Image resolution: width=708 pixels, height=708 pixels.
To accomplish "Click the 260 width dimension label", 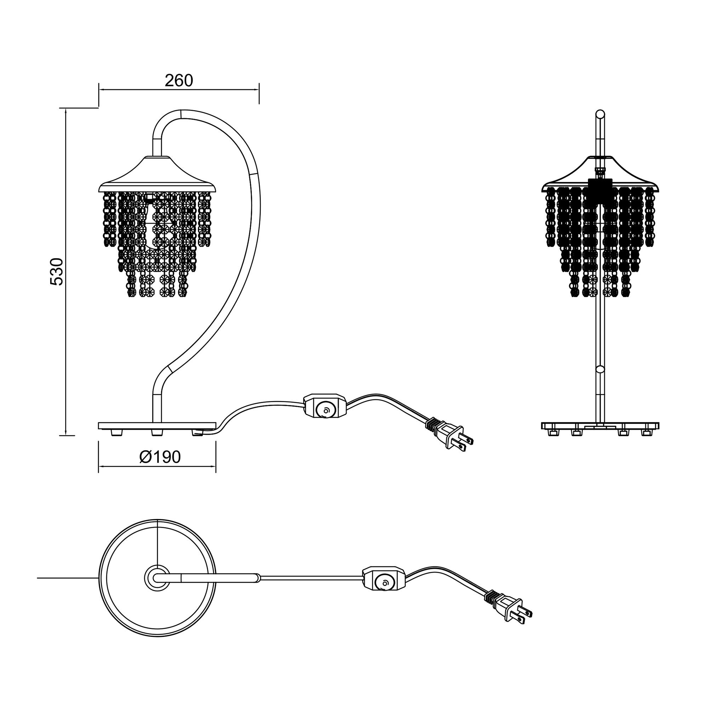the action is pyautogui.click(x=179, y=81).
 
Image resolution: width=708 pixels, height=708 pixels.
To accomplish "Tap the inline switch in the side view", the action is pyautogui.click(x=324, y=406).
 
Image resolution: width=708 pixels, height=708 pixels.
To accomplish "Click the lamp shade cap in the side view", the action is pyautogui.click(x=158, y=175).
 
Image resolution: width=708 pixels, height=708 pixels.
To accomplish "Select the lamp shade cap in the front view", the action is pyautogui.click(x=600, y=175).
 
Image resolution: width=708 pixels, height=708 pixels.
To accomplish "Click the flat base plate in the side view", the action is pyautogui.click(x=157, y=426).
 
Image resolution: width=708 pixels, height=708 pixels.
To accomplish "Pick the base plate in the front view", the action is pyautogui.click(x=600, y=426).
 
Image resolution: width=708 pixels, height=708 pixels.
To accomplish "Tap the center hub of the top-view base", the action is pyautogui.click(x=157, y=578).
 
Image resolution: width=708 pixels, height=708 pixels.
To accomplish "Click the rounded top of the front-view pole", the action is pyautogui.click(x=600, y=114).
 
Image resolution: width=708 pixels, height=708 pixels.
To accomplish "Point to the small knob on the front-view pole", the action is pyautogui.click(x=600, y=369).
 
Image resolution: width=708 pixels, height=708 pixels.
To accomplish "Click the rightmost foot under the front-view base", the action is pyautogui.click(x=646, y=433).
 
